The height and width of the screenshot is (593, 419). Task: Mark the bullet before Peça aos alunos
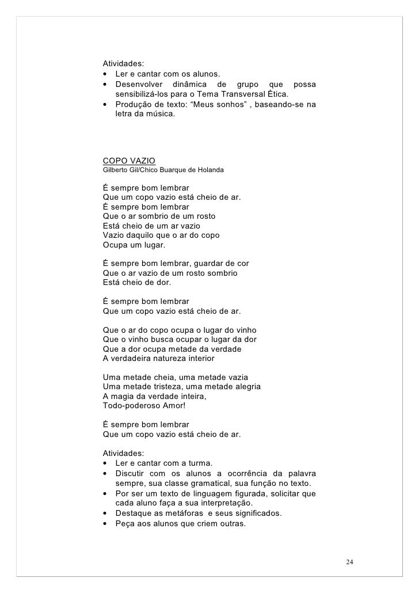pyautogui.click(x=105, y=523)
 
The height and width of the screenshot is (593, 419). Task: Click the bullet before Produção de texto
pyautogui.click(x=105, y=104)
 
